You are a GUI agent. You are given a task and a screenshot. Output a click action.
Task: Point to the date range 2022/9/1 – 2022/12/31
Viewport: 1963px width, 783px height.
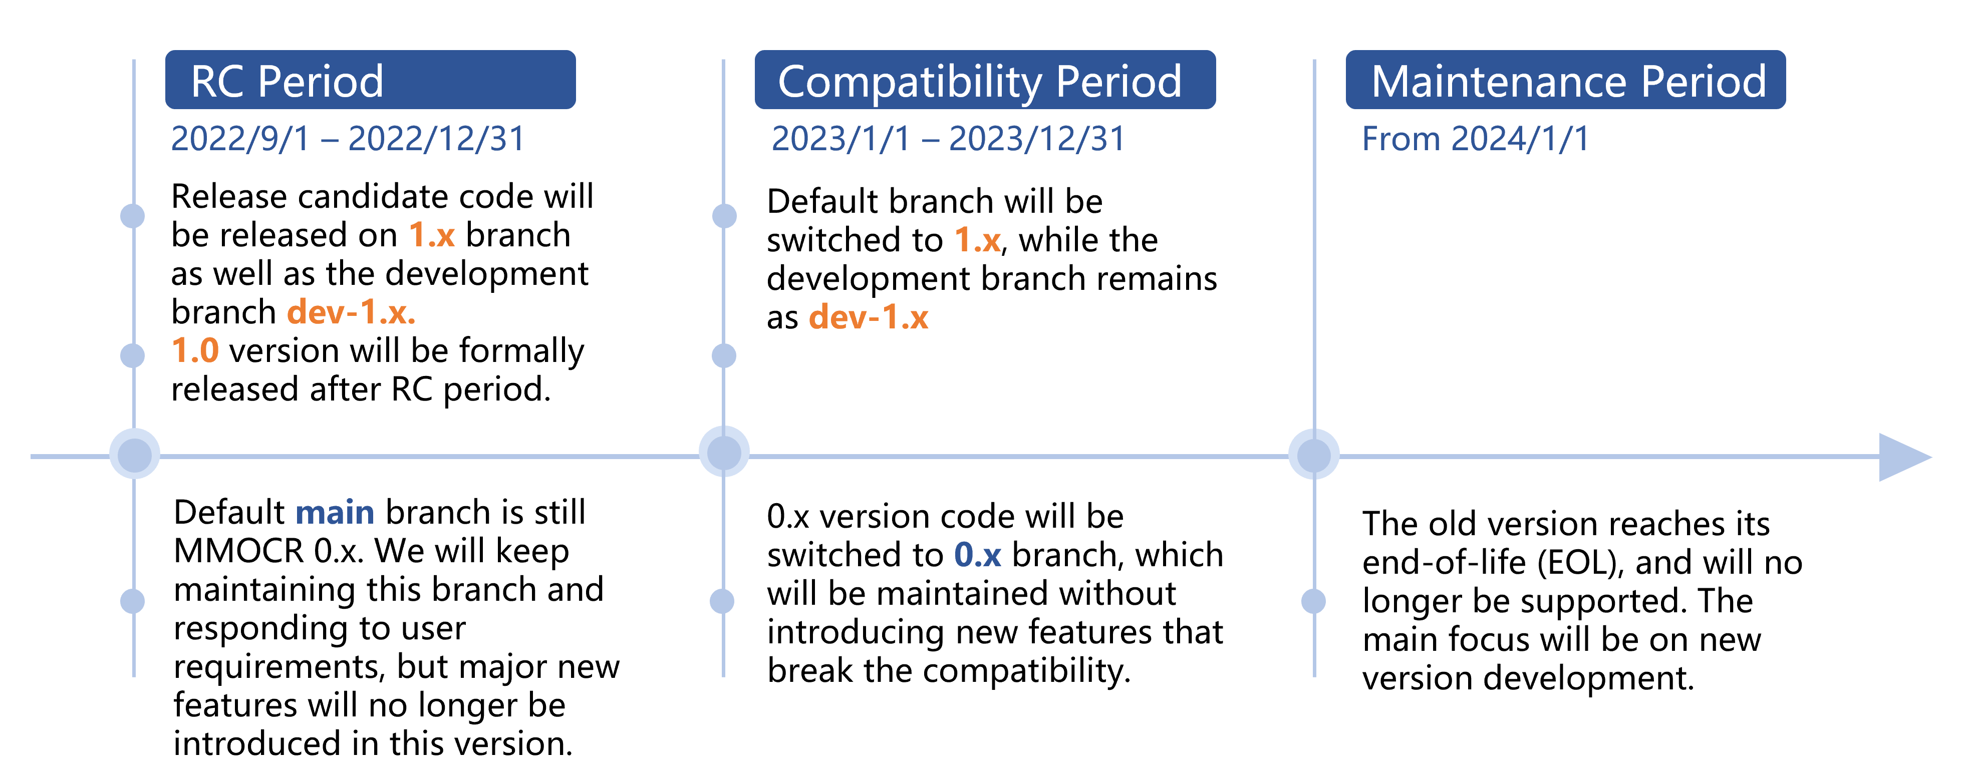click(x=348, y=139)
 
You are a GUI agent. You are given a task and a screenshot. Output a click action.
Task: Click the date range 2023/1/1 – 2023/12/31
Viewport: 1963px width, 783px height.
click(x=948, y=139)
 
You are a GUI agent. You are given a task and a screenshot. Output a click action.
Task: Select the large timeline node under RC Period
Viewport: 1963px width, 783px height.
click(x=135, y=454)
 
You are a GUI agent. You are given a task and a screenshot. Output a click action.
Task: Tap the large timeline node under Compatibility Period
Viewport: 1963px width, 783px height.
click(x=724, y=453)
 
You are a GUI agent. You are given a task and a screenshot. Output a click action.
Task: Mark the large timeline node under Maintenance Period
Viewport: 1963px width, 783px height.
click(x=1314, y=455)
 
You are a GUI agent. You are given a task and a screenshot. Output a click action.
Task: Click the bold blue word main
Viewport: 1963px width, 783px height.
click(x=335, y=513)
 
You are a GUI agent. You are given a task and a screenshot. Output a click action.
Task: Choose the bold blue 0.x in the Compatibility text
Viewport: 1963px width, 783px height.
click(x=978, y=555)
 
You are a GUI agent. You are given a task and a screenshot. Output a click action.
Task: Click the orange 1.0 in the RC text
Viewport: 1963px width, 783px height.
click(x=195, y=351)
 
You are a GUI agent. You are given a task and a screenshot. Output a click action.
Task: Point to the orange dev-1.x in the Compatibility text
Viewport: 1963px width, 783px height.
click(x=868, y=317)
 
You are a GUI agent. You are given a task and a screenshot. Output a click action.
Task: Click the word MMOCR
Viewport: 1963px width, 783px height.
click(x=238, y=551)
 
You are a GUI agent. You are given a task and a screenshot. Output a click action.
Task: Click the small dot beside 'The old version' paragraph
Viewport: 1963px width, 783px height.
click(x=1314, y=601)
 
